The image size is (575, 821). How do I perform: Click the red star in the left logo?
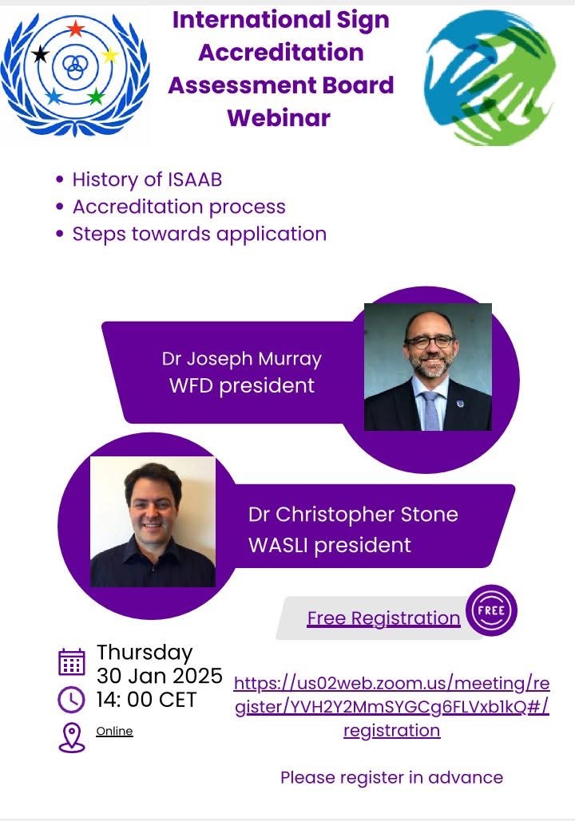(76, 28)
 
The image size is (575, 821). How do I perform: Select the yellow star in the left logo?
(110, 54)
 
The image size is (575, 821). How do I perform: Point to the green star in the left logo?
(95, 97)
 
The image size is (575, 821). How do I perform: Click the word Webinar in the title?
(279, 118)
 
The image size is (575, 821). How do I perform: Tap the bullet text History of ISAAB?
(147, 180)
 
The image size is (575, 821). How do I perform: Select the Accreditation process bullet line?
(179, 207)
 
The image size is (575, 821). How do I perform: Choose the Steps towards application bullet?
(200, 234)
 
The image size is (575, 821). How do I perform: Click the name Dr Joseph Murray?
(242, 359)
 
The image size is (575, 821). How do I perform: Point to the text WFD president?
(242, 386)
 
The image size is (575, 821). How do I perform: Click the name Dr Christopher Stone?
(353, 515)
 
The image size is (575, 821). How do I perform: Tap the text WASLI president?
(330, 546)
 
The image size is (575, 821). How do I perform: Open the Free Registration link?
(383, 618)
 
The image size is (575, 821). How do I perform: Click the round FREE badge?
(491, 610)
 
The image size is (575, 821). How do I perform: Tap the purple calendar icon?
(71, 662)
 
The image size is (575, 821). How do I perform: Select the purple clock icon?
(71, 700)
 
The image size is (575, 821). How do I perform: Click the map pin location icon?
(71, 738)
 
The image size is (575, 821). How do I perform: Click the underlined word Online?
(114, 731)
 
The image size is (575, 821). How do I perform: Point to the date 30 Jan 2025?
(160, 676)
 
